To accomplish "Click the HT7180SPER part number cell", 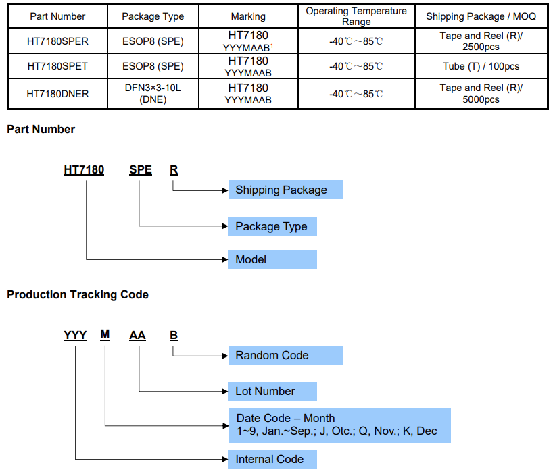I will (57, 41).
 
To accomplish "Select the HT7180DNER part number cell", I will (57, 94).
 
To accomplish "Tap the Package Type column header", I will (152, 16).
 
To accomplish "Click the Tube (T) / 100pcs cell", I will (481, 66).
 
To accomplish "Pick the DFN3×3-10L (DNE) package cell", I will (152, 94).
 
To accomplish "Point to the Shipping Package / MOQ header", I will (481, 16).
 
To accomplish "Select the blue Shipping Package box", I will (285, 190).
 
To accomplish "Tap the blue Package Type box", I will (272, 226).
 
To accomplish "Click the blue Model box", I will (272, 259).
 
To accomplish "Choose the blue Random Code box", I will (285, 355).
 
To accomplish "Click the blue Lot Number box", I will (272, 391).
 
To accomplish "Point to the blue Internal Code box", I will (272, 459).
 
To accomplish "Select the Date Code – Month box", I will (339, 425).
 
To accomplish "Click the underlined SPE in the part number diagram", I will (141, 170).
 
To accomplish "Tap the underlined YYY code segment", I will (75, 335).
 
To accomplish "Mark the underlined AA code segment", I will (137, 335).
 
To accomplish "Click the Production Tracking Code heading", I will (78, 294).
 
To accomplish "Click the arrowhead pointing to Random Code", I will (224, 355).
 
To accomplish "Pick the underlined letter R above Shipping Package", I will (174, 170).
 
